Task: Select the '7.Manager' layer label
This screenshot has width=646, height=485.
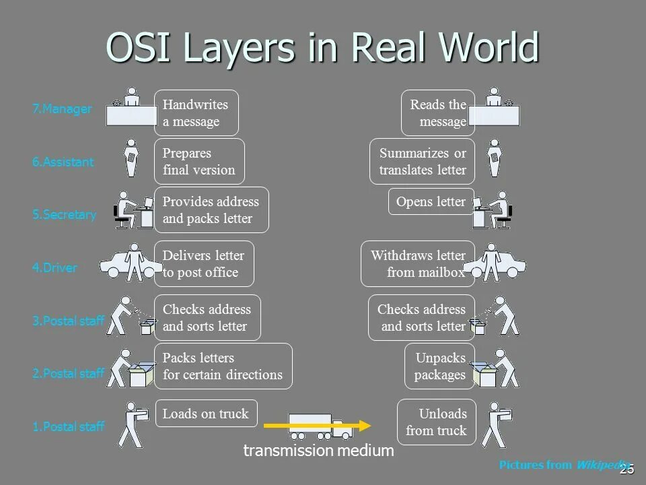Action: (x=62, y=109)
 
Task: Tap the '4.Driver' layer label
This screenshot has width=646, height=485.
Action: (x=55, y=267)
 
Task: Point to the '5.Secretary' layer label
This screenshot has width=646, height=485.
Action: (x=64, y=215)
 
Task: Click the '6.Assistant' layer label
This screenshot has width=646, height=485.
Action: (x=63, y=162)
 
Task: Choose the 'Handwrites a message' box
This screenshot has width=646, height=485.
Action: (x=196, y=113)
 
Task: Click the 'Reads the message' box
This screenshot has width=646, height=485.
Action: (x=438, y=113)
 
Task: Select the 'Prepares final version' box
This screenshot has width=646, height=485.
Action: (x=199, y=162)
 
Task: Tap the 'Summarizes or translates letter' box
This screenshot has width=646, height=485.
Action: (x=422, y=162)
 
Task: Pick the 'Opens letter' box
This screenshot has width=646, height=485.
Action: (x=431, y=201)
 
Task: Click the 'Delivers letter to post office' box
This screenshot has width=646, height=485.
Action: (x=204, y=263)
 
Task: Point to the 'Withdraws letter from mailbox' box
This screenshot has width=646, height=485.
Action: (x=417, y=263)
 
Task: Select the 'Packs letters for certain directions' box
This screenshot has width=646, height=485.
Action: (x=223, y=366)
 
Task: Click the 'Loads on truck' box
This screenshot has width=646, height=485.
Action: (x=206, y=414)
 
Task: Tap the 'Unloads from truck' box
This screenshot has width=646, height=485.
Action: (x=436, y=422)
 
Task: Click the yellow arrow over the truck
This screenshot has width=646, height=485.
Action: (x=317, y=425)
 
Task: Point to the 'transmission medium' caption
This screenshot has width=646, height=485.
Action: (x=318, y=451)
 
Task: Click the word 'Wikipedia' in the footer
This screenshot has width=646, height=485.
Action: (x=604, y=465)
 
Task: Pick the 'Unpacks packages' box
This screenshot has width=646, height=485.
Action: (x=439, y=366)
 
